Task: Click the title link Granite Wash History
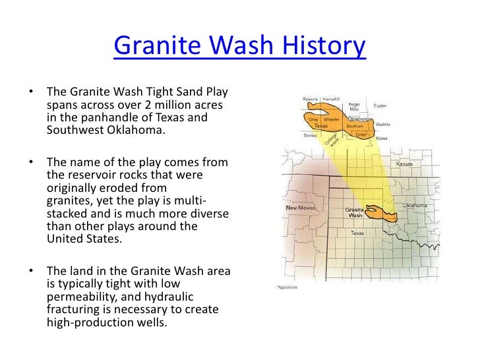(240, 47)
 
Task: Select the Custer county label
(380, 105)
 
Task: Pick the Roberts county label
(310, 99)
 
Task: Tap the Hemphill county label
(331, 99)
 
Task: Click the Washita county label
(383, 124)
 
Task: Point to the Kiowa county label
(382, 138)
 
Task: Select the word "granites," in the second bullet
(73, 200)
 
